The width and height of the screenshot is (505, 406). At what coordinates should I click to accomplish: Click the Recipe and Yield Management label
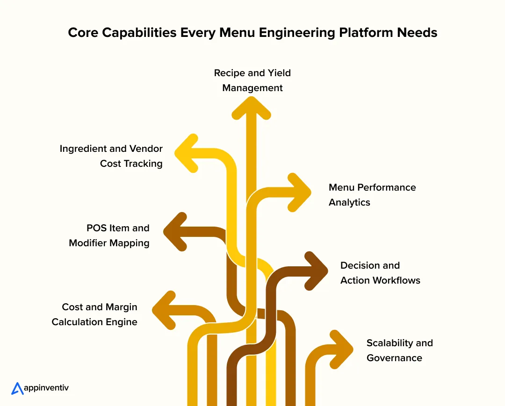(x=252, y=80)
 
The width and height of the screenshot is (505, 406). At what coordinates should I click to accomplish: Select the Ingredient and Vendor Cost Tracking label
(x=111, y=156)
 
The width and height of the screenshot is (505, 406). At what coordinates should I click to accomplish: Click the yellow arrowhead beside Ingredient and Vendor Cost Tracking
(x=186, y=153)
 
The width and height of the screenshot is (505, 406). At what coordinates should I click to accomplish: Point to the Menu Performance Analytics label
(x=372, y=195)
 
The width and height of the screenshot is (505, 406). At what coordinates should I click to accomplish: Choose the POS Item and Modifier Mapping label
(x=109, y=235)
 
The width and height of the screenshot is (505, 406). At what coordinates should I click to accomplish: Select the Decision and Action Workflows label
(x=380, y=273)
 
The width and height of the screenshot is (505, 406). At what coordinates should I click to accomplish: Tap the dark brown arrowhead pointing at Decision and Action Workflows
(x=317, y=271)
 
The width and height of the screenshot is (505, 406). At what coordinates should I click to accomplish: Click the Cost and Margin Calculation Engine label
(x=94, y=314)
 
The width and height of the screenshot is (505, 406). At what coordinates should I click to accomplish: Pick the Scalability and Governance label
(x=400, y=350)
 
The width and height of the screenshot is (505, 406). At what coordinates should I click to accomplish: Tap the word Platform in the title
(x=351, y=33)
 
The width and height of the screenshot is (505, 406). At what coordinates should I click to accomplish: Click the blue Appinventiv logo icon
(x=17, y=388)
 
